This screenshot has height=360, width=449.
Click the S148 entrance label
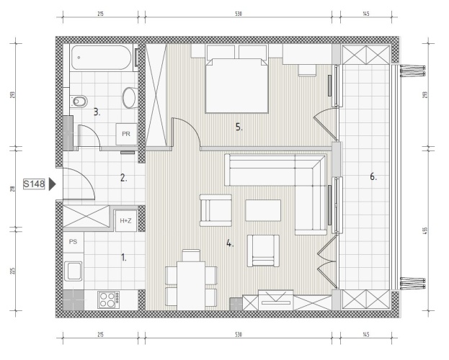[x=34, y=184]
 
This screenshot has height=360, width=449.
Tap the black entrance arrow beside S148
[x=52, y=184]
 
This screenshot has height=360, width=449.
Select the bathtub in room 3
[x=102, y=58]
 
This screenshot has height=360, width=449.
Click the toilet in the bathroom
[x=78, y=101]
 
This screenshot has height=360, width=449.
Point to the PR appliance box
[x=126, y=134]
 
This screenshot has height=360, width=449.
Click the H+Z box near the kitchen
[x=125, y=220]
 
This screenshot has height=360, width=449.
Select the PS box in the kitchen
[x=74, y=242]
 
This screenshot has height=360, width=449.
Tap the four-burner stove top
[x=109, y=300]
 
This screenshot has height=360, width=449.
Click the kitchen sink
[x=74, y=271]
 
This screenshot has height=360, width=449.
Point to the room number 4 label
[x=230, y=243]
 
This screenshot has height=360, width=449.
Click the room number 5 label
[x=239, y=127]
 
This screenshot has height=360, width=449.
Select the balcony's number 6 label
[x=373, y=176]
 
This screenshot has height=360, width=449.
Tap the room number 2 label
[x=123, y=178]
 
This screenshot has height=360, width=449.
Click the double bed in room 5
[x=236, y=85]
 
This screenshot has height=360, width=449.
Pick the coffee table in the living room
[x=263, y=210]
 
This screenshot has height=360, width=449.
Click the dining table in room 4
[x=191, y=286]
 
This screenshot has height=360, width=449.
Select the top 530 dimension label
[x=239, y=14]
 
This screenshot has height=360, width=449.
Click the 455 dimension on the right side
[x=424, y=230]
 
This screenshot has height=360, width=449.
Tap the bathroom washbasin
[x=130, y=98]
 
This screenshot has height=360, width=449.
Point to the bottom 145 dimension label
[x=366, y=334]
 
